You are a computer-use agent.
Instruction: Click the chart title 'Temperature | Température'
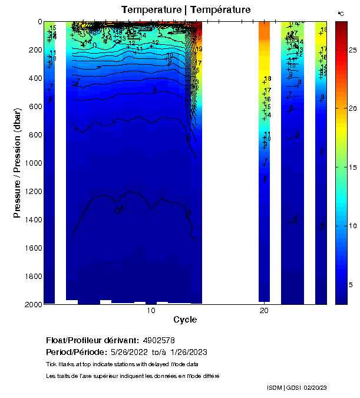coord(186,10)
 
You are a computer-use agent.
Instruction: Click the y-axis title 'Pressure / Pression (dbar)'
coord(17,162)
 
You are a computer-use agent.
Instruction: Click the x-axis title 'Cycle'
coord(185,320)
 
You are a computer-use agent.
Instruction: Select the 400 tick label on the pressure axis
coord(32,78)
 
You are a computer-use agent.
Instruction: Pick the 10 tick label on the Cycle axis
coord(151,311)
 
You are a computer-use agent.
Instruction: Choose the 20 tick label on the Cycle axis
coord(264,311)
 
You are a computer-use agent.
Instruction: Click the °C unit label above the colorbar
coord(341,13)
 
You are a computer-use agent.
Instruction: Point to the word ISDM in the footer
coord(274,387)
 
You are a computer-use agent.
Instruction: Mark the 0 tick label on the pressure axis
coord(39,22)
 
